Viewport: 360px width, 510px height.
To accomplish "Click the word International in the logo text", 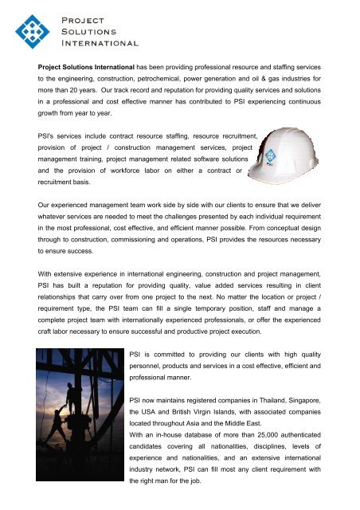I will (100, 43).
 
